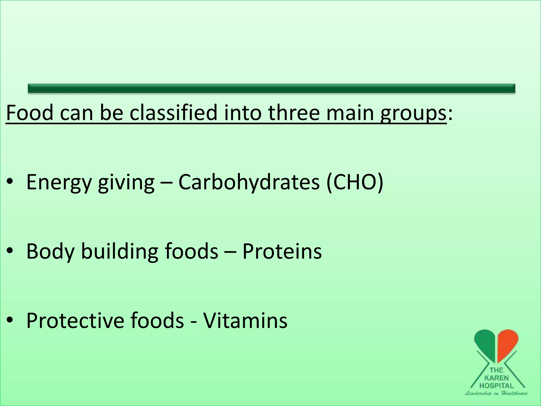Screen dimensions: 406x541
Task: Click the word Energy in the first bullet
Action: tap(59, 182)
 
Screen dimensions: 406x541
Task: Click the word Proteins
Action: tap(282, 251)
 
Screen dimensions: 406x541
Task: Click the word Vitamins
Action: tap(245, 320)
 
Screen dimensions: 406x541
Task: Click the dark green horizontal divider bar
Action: tap(272, 88)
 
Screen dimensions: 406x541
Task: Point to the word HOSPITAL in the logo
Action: tap(496, 386)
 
